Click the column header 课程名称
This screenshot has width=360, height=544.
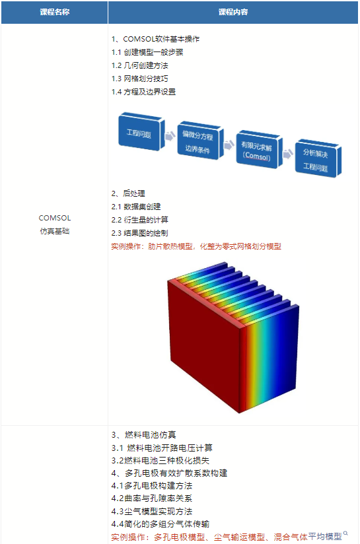click(55, 12)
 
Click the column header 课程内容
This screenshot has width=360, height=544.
click(233, 12)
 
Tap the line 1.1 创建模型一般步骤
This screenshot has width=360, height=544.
click(147, 52)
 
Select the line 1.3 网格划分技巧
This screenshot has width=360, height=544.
click(139, 79)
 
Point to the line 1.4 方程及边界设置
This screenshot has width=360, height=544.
click(143, 92)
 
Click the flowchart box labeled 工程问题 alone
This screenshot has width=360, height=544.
click(141, 132)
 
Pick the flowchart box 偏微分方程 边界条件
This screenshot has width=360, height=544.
click(200, 141)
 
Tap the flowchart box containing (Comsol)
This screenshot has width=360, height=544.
click(259, 150)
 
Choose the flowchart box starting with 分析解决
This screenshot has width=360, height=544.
click(318, 158)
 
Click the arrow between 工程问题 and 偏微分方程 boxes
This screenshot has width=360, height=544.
click(170, 136)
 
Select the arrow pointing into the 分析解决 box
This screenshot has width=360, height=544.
click(288, 153)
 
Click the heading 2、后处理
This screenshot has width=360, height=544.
click(128, 193)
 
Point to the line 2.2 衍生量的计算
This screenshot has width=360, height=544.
click(139, 220)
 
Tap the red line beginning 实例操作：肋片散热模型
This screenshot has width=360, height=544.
click(196, 246)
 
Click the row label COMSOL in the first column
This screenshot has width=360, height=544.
click(55, 218)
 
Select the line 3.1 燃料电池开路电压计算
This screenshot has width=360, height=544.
click(162, 448)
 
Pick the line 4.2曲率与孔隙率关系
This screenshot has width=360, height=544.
click(152, 498)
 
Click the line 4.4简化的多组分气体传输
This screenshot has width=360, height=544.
click(161, 524)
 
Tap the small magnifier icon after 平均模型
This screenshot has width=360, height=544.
click(345, 533)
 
